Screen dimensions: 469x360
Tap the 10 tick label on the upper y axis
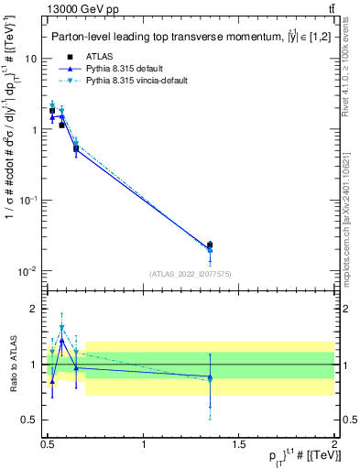click(31, 58)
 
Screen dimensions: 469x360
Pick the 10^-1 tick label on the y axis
click(28, 201)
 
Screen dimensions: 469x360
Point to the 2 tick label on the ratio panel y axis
click(34, 309)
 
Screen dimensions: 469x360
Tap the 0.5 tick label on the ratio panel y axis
click(29, 420)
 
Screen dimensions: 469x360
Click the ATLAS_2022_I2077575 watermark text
click(189, 274)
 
